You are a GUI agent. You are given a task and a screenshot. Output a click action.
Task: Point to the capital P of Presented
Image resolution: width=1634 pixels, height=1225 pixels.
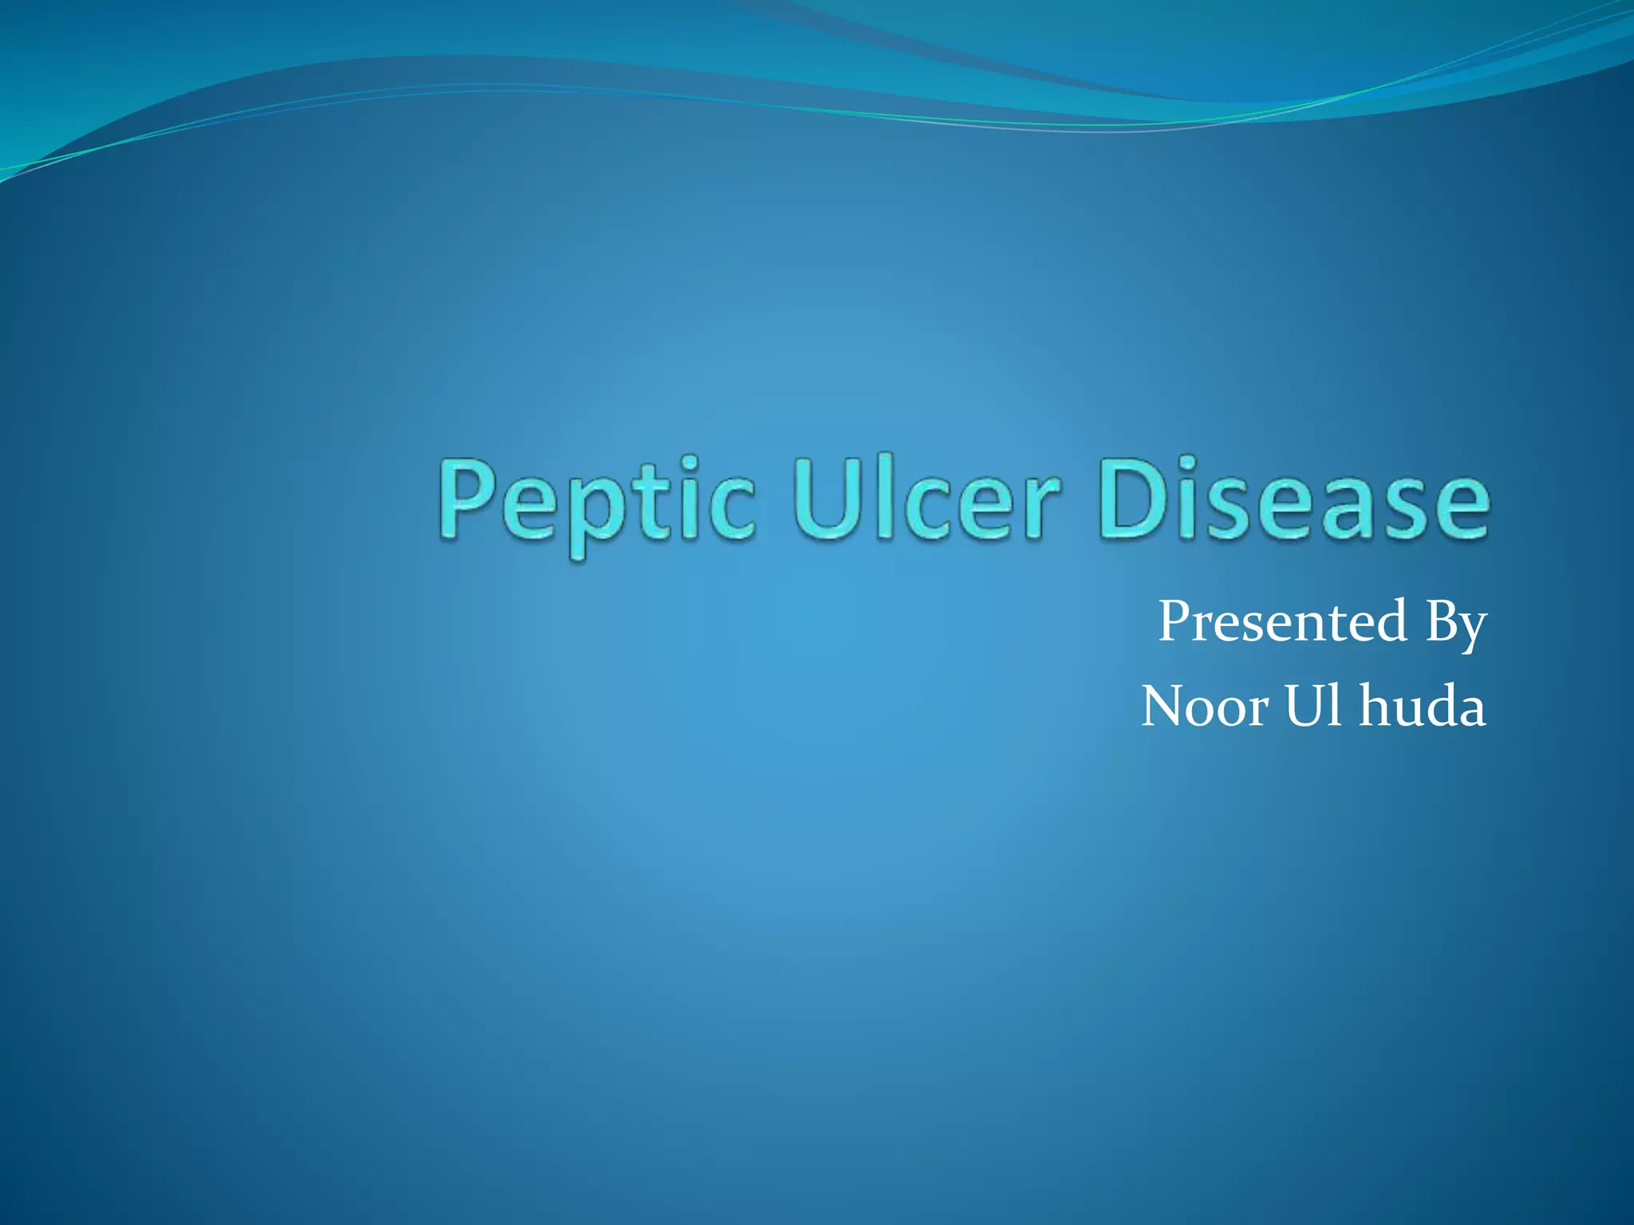coord(1176,621)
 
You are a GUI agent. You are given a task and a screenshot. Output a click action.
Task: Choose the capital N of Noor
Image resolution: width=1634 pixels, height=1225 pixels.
coord(1166,707)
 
